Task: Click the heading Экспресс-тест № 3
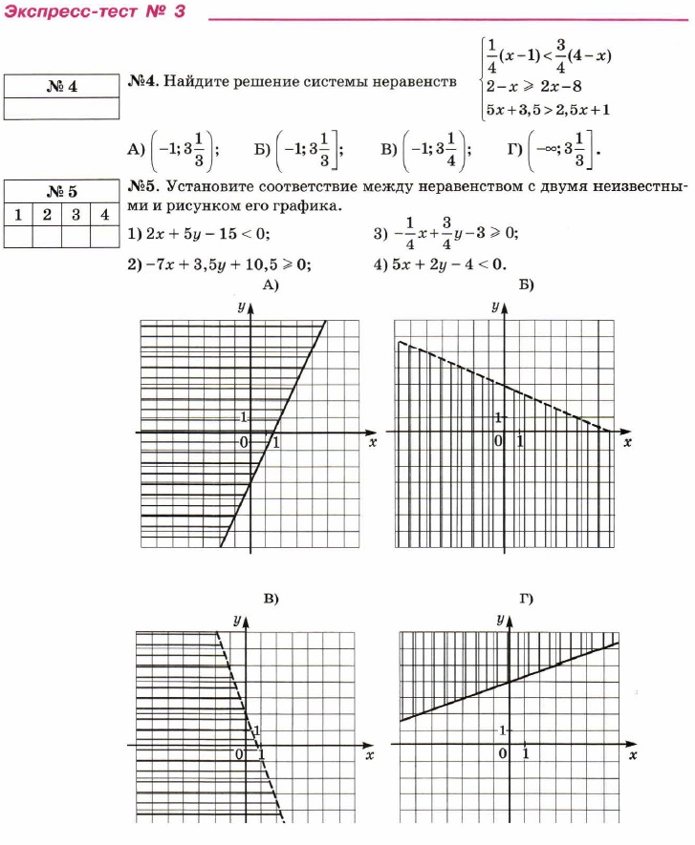pos(94,13)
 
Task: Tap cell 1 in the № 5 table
pos(18,214)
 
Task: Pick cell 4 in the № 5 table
pos(104,214)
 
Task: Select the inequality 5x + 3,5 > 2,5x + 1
pos(548,110)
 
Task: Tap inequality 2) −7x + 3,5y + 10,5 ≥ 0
pos(219,264)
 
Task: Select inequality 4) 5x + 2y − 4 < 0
pos(440,264)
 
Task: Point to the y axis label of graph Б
pos(495,306)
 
